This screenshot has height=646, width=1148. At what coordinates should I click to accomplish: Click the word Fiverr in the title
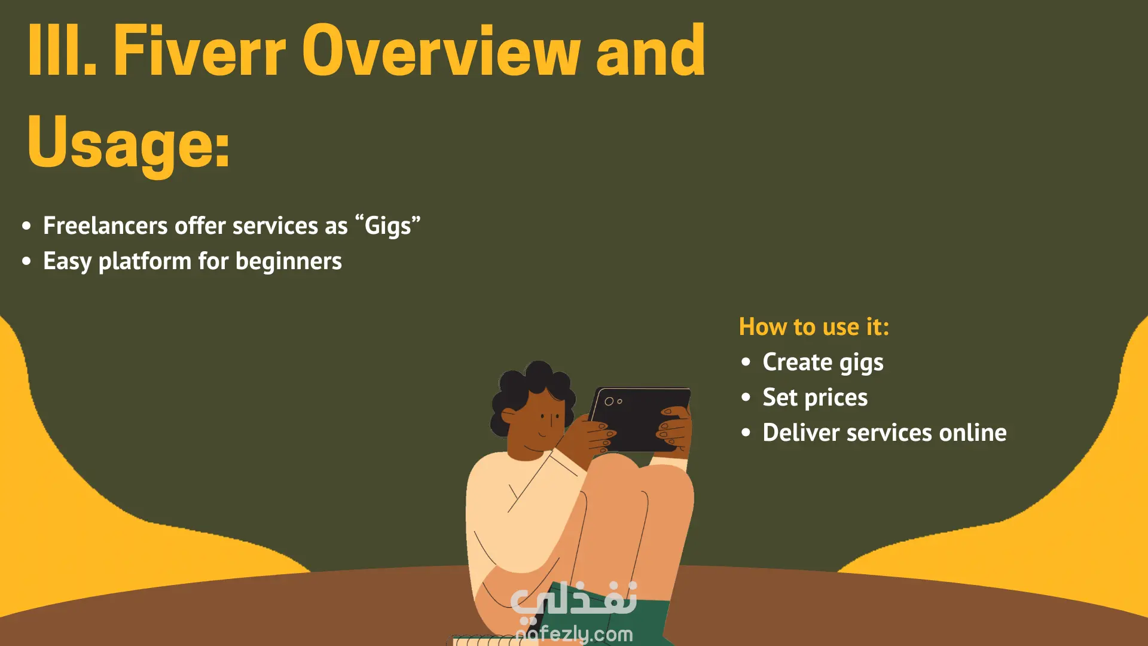coord(200,51)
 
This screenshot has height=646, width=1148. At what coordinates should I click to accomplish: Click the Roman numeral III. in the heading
coord(62,51)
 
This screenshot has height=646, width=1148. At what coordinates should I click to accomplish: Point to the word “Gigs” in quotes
coord(388,226)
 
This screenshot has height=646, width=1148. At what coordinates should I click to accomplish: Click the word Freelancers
coord(105,226)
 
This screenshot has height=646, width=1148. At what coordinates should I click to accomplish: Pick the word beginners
coord(289,261)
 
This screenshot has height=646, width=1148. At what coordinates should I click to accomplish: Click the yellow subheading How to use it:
coord(814,327)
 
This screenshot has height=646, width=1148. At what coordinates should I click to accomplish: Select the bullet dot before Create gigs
coord(746,362)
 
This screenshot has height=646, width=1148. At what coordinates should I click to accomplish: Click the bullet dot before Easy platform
coord(26,261)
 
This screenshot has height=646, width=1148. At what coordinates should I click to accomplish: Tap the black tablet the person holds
coord(640,419)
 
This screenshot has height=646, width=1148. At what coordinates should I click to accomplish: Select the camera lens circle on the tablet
coord(609,401)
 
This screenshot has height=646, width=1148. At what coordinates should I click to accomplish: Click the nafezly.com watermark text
coord(574,633)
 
